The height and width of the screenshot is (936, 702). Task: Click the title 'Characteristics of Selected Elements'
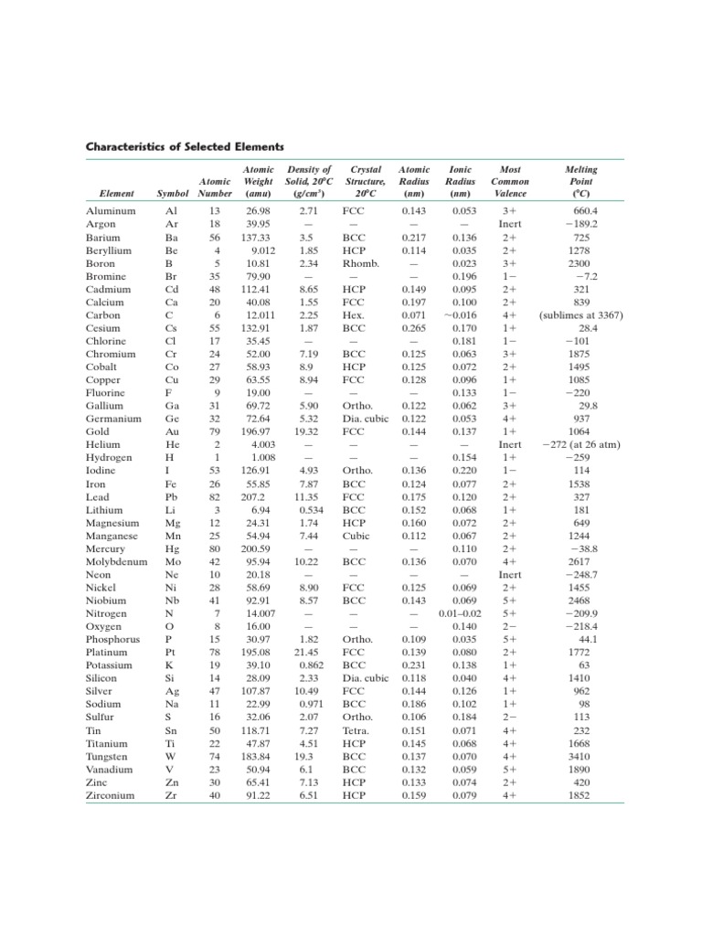(185, 146)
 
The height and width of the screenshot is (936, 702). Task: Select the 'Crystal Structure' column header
(366, 181)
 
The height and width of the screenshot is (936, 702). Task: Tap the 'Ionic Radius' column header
(462, 181)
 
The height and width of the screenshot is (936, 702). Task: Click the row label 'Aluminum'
(111, 210)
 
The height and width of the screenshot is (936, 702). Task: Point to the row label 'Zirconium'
(110, 795)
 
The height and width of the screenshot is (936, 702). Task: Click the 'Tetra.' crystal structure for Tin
(354, 730)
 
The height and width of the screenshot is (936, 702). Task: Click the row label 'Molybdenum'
(116, 561)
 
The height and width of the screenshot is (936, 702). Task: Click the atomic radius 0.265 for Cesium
(414, 327)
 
